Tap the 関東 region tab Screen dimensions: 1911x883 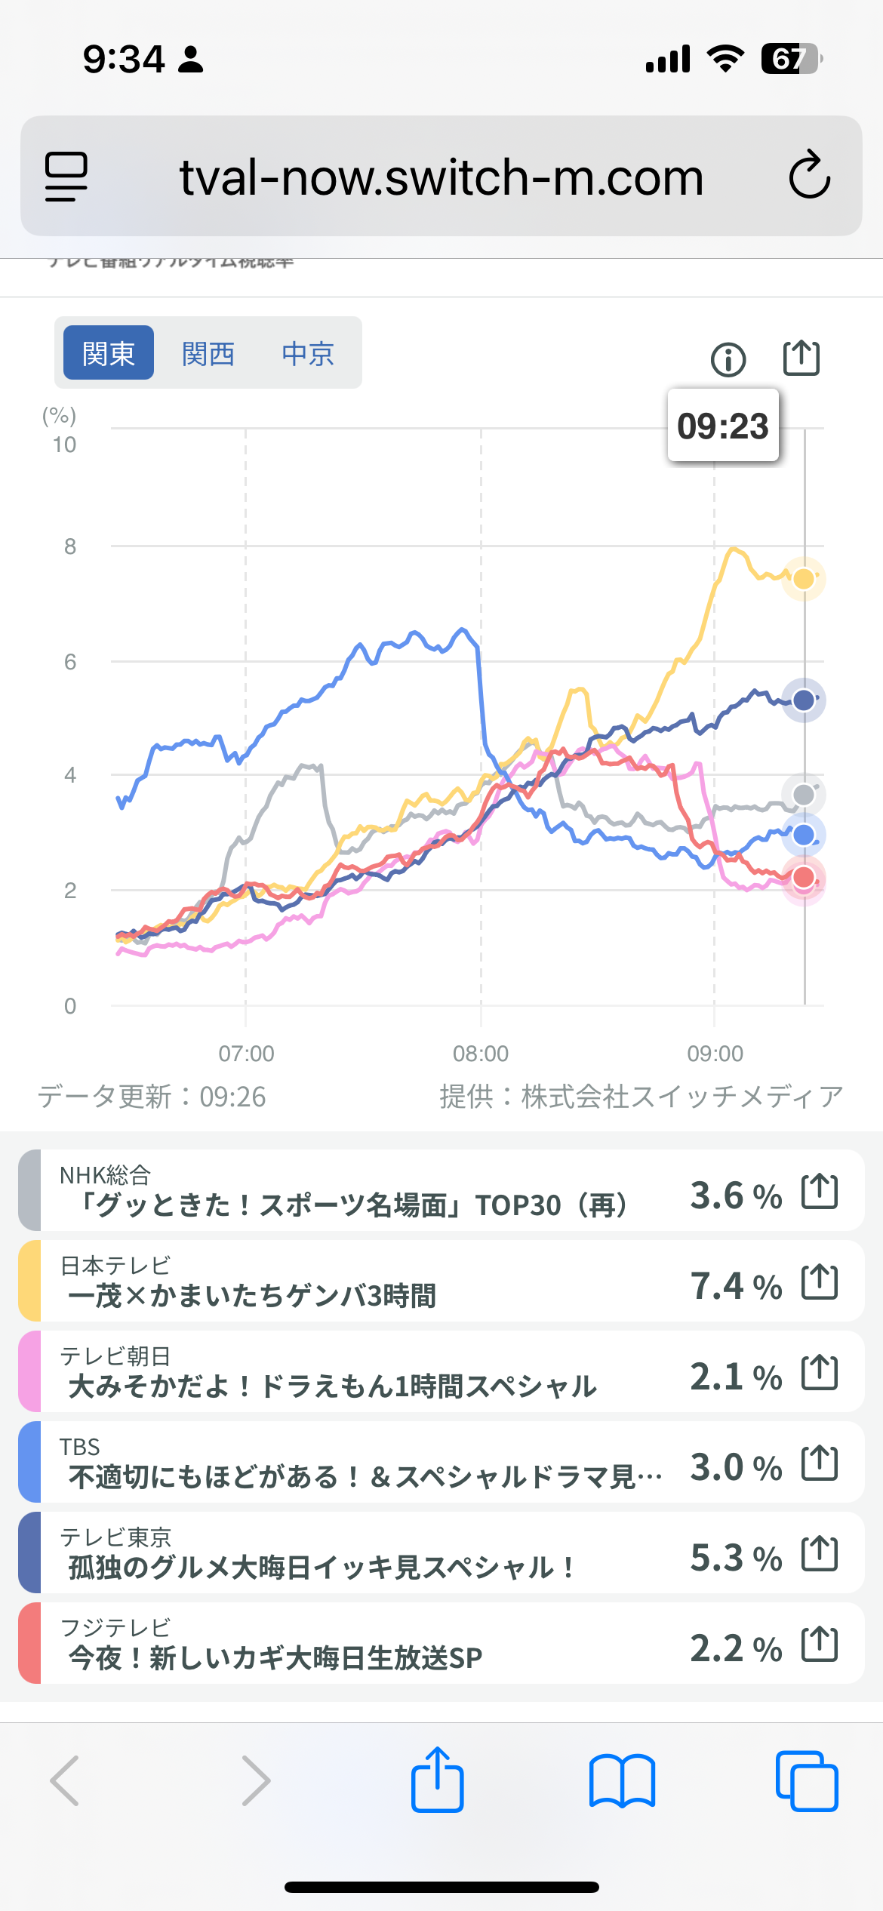108,353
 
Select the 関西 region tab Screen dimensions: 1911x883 208,353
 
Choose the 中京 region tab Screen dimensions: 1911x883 308,353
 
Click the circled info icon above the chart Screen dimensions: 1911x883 728,359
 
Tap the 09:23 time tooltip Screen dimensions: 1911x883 723,426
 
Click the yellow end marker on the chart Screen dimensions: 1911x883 804,579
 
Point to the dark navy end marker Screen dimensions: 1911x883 804,700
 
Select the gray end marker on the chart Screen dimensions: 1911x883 804,794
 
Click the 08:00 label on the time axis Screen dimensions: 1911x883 481,1054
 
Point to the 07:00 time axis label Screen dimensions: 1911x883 246,1054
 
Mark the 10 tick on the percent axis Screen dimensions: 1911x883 65,445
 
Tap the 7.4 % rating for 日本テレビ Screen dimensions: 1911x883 736,1286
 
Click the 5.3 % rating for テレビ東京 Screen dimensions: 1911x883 736,1558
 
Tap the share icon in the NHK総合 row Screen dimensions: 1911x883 820,1192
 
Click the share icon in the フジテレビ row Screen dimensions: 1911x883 820,1645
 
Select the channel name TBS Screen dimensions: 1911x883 80,1447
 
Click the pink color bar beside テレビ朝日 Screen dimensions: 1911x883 29,1371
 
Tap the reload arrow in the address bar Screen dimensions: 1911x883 810,175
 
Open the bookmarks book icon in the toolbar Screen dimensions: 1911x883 622,1781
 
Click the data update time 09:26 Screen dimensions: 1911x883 232,1097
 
